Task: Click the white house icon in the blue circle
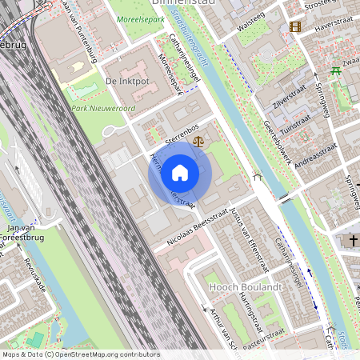(x=180, y=173)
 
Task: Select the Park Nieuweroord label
(x=102, y=108)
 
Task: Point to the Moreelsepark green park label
(x=138, y=17)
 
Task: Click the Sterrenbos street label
(x=182, y=127)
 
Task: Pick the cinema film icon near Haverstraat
(x=296, y=27)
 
